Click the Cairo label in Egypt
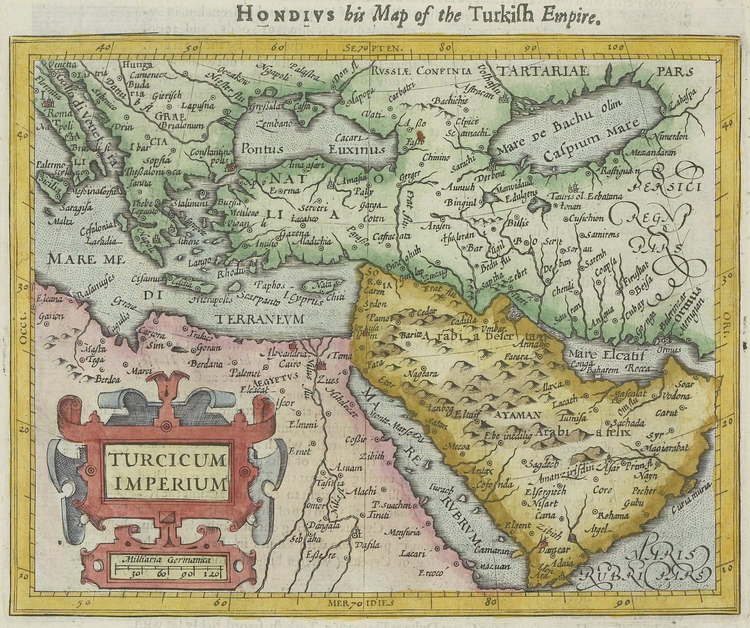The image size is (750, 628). (x=290, y=365)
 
